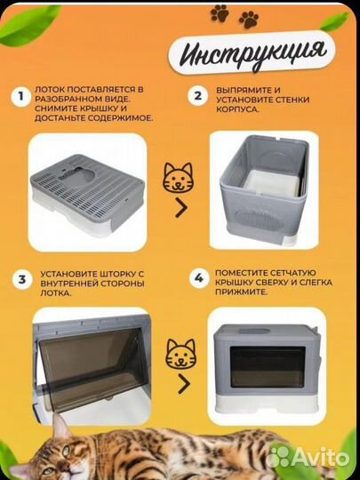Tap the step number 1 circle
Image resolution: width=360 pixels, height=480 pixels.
pos(20,97)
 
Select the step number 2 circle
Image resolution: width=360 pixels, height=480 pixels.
pos(197,96)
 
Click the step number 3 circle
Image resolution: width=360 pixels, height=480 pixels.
pos(22,279)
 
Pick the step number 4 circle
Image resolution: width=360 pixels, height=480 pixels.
pos(199,278)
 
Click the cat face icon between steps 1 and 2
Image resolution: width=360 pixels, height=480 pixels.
pos(178,178)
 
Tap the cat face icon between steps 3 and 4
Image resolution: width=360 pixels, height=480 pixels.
pos(180,354)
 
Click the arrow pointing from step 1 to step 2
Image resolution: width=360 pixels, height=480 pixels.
pos(181,208)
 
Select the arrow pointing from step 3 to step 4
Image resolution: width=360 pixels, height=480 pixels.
pos(184,383)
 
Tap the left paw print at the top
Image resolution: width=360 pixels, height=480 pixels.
pos(220,13)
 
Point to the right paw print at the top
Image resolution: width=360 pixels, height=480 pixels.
pos(249,20)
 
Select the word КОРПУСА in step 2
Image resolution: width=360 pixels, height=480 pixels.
pos(237,109)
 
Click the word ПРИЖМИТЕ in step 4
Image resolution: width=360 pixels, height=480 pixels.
pos(241,292)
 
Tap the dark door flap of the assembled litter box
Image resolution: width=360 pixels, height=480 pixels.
pos(268,367)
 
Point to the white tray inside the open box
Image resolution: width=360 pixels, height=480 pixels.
pos(270,185)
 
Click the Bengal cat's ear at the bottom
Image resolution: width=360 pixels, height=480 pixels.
pos(60,425)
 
